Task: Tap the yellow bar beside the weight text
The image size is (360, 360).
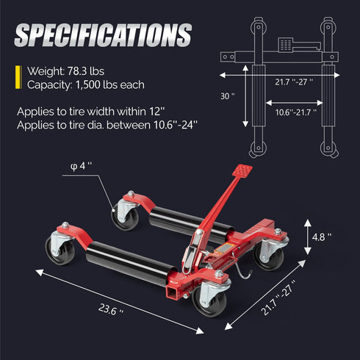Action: coord(18,76)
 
